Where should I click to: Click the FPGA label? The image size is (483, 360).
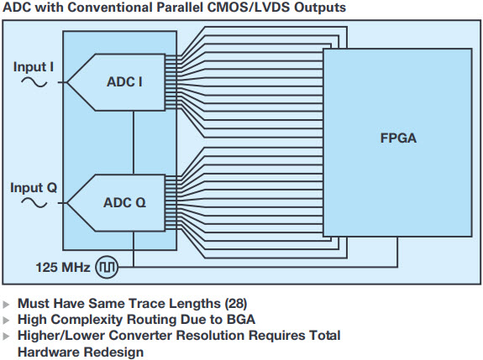click(x=398, y=138)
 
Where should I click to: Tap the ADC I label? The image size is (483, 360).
click(x=124, y=82)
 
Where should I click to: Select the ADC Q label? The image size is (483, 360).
click(x=124, y=203)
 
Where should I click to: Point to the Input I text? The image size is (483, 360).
click(x=34, y=67)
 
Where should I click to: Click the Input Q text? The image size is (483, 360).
click(x=34, y=188)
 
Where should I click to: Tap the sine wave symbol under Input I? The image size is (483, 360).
click(x=34, y=82)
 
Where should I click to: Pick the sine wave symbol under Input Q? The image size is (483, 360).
click(x=34, y=203)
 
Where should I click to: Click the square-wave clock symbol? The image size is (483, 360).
click(x=107, y=267)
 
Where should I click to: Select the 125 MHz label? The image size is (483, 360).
click(x=63, y=267)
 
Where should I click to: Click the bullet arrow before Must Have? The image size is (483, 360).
click(x=6, y=305)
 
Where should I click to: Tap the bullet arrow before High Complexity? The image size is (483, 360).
click(x=6, y=321)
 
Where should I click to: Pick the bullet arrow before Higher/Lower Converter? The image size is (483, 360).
click(x=6, y=337)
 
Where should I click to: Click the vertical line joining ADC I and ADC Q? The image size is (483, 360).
click(x=134, y=143)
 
